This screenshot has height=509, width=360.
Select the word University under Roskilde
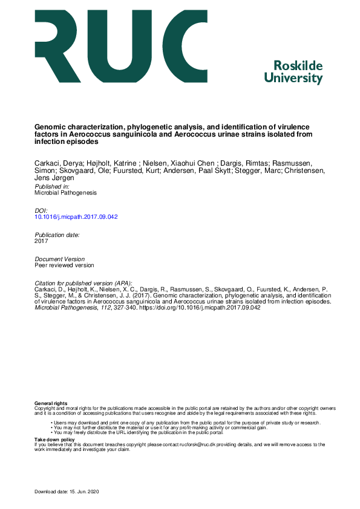pyautogui.click(x=294, y=79)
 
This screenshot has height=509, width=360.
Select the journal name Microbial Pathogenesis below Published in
pyautogui.click(x=65, y=193)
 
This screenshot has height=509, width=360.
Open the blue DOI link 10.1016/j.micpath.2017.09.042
pyautogui.click(x=76, y=216)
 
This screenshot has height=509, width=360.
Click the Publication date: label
pyautogui.click(x=57, y=234)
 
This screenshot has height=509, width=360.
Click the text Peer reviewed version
pyautogui.click(x=64, y=265)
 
